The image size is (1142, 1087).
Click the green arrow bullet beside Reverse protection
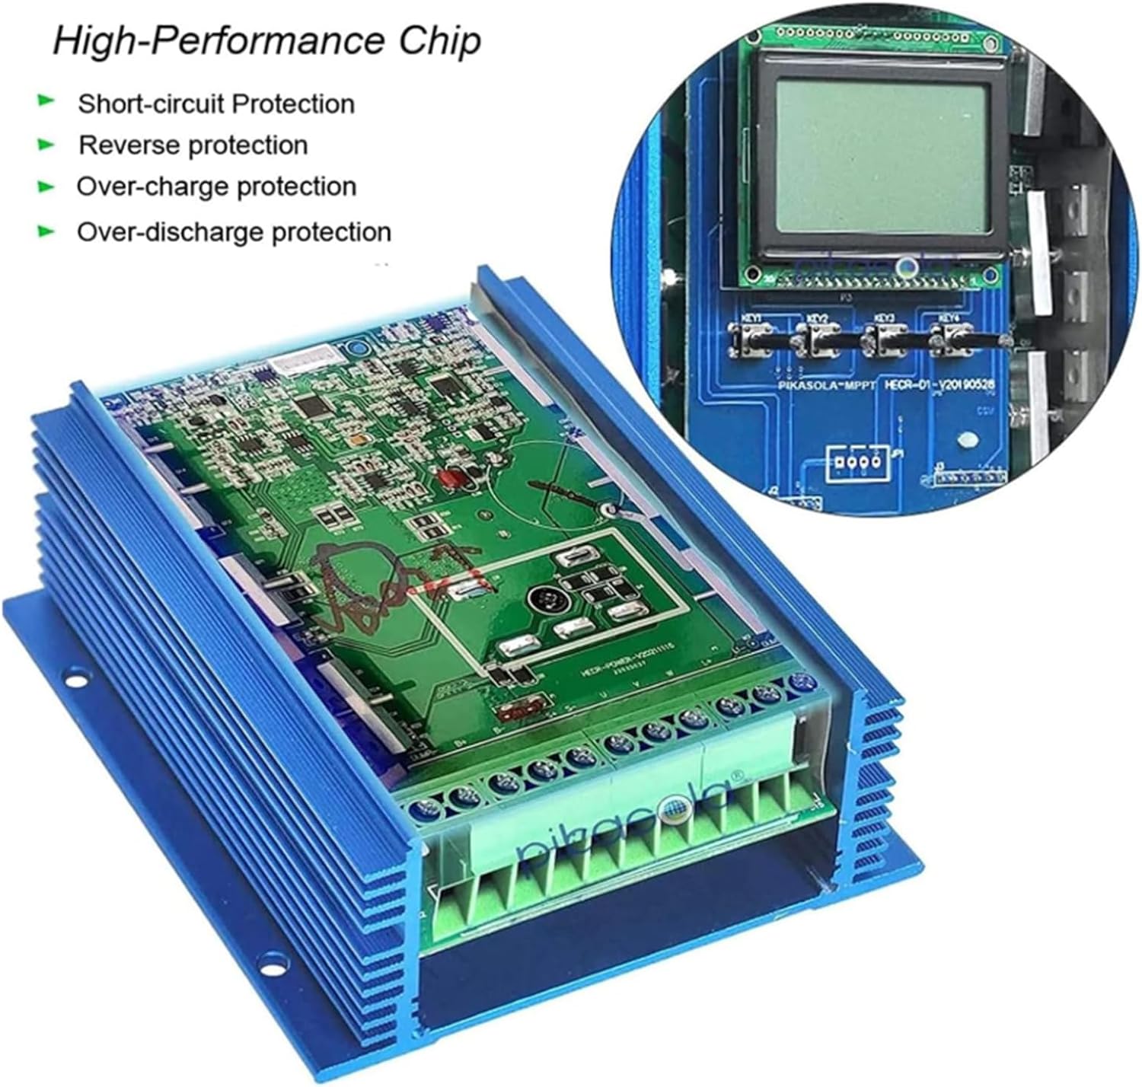[x=47, y=143]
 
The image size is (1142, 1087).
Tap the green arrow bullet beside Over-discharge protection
[x=47, y=230]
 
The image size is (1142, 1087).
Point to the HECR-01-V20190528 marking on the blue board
[x=939, y=387]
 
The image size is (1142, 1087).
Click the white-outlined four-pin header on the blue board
[x=857, y=462]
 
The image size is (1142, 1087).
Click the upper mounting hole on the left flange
[x=75, y=674]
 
